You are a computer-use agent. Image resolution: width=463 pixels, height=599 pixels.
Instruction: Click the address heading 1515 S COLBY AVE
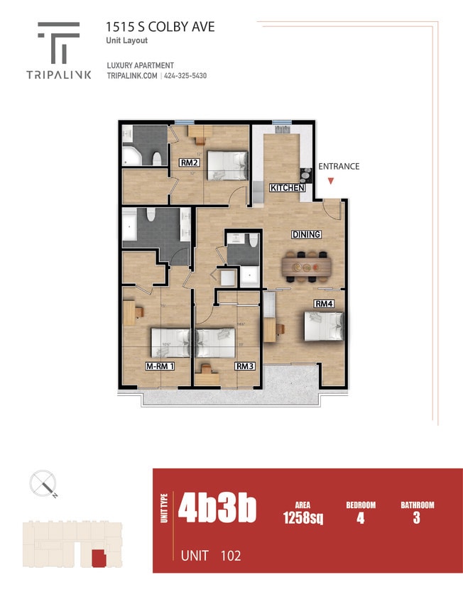160,27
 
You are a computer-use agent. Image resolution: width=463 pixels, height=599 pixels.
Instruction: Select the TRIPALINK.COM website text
131,76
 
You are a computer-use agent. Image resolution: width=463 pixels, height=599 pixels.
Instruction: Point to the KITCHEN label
288,188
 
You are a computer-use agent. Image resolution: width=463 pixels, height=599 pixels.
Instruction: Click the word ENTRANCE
339,167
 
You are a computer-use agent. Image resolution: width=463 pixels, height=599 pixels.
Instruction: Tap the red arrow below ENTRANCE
330,182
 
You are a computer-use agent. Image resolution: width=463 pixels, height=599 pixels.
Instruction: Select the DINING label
306,234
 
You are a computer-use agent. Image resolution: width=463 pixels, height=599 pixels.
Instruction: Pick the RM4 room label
325,304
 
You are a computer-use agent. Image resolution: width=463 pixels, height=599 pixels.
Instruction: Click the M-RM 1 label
160,366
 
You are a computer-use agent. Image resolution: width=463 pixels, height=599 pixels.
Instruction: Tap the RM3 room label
245,366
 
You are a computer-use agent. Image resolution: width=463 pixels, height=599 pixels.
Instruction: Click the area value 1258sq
303,518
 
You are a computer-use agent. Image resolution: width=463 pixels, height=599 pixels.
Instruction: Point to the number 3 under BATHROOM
416,518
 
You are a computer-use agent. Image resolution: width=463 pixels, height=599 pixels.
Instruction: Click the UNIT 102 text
210,555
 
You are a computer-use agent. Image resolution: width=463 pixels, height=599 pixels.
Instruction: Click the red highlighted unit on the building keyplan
98,558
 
